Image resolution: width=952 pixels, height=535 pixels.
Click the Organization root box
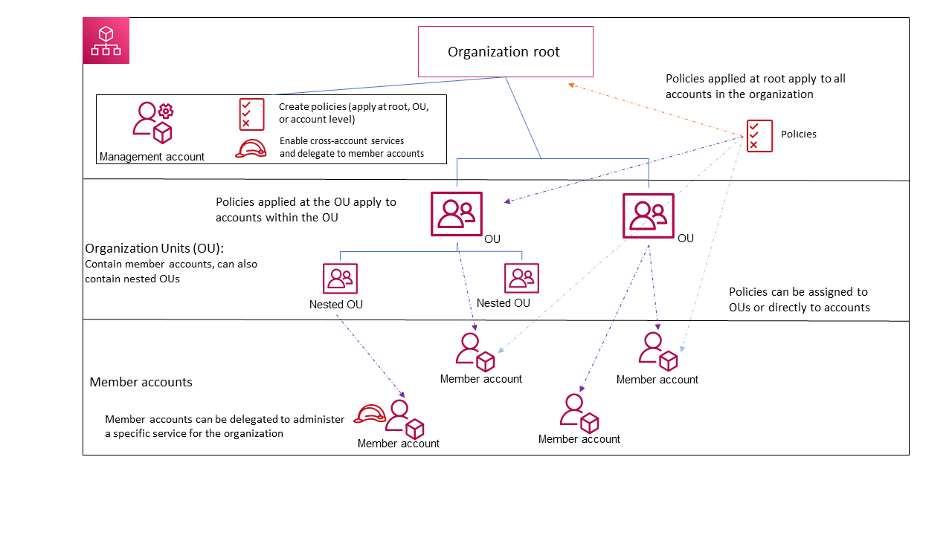(505, 51)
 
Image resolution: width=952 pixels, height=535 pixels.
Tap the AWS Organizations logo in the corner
(106, 41)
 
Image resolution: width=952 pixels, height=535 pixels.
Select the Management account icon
(152, 122)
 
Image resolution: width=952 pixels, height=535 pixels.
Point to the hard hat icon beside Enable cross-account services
(251, 149)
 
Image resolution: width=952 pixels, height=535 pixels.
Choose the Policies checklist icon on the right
(759, 136)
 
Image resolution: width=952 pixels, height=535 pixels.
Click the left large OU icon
(456, 214)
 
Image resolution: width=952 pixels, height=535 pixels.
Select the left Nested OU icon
(340, 279)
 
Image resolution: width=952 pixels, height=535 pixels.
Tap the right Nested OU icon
(521, 278)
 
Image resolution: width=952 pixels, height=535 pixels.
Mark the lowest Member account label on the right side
(579, 439)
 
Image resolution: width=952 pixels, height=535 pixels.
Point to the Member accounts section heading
(141, 382)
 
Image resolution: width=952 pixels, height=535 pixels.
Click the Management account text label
(152, 157)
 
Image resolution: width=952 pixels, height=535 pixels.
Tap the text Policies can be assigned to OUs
(799, 299)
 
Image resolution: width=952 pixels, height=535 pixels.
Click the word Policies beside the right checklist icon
(798, 134)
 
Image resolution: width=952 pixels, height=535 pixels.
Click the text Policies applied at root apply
(755, 86)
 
